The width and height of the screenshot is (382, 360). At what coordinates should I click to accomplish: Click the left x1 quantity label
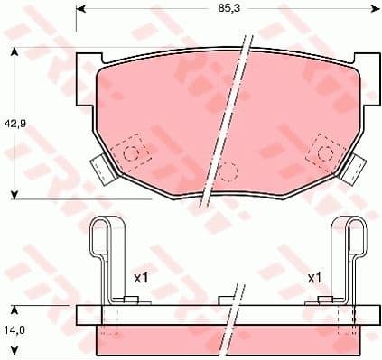[140, 278]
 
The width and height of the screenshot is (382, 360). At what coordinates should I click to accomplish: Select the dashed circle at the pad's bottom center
[228, 170]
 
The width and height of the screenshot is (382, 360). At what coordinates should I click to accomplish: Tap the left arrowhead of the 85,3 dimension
[80, 11]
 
